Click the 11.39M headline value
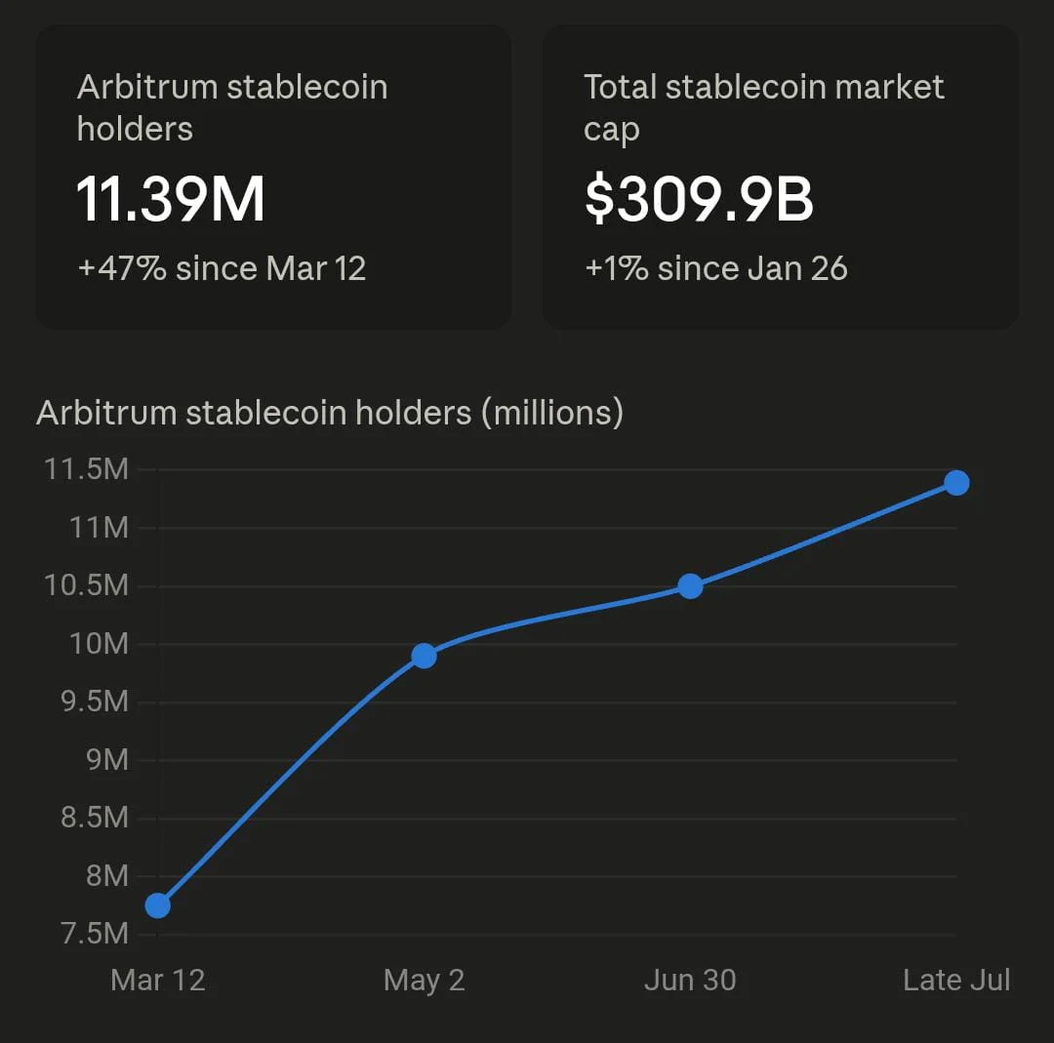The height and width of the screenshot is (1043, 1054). click(x=170, y=199)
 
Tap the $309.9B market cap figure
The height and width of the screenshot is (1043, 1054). click(x=699, y=199)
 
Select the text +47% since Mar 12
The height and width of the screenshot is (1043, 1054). click(x=222, y=269)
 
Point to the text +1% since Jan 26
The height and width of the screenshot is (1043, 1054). click(x=716, y=269)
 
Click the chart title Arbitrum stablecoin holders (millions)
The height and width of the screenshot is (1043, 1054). click(x=330, y=413)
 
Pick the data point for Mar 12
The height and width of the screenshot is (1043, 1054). click(x=158, y=905)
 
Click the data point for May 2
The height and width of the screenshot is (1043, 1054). click(x=425, y=656)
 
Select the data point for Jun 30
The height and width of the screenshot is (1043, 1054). click(x=690, y=586)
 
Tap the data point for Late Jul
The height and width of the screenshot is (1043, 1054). click(x=956, y=483)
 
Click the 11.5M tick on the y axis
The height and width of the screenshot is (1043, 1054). click(x=86, y=469)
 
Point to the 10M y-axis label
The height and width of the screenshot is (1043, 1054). click(x=99, y=644)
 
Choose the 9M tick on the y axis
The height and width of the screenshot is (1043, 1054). click(x=107, y=760)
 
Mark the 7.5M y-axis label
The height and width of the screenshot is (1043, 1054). click(x=94, y=934)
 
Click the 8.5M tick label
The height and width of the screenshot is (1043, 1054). click(x=94, y=818)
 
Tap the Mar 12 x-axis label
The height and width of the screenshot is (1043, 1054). click(x=158, y=980)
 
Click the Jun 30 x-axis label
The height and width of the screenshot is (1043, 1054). click(x=690, y=980)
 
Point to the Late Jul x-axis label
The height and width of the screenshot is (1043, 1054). click(x=956, y=980)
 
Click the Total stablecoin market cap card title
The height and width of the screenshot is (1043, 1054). click(x=763, y=107)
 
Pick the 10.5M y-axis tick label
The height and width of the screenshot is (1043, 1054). click(x=86, y=585)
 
